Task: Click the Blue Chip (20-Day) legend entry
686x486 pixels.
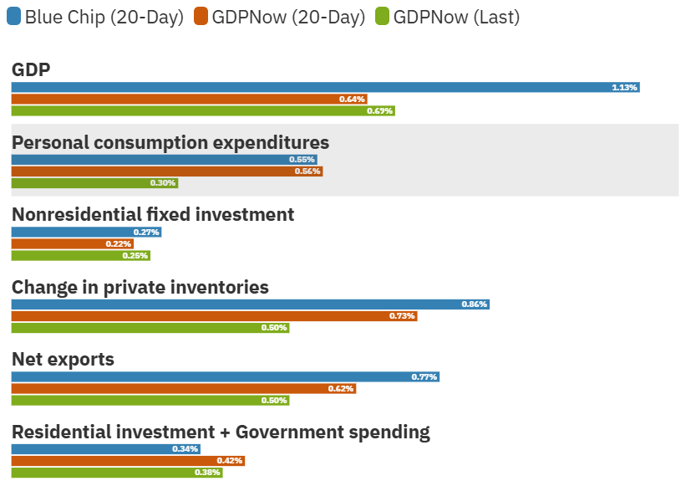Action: pyautogui.click(x=95, y=17)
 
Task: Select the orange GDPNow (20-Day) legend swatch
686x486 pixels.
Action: pyautogui.click(x=201, y=17)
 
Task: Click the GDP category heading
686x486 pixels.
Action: pyautogui.click(x=31, y=69)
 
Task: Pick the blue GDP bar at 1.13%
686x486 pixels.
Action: pyautogui.click(x=325, y=87)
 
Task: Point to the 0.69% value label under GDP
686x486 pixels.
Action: pyautogui.click(x=379, y=110)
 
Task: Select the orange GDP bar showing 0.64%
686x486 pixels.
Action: pyautogui.click(x=189, y=99)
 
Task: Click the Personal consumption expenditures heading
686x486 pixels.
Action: pyautogui.click(x=170, y=142)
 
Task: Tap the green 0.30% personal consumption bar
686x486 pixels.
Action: pyautogui.click(x=94, y=183)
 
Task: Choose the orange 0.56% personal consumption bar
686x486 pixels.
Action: pyautogui.click(x=166, y=171)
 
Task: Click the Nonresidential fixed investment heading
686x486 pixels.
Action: pyautogui.click(x=153, y=215)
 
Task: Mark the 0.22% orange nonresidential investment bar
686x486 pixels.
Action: pyautogui.click(x=72, y=244)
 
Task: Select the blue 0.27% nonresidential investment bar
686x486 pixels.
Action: pyautogui.click(x=86, y=233)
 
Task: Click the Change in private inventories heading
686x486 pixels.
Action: pyautogui.click(x=140, y=288)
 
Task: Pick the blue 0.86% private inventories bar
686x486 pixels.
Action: pyautogui.click(x=250, y=304)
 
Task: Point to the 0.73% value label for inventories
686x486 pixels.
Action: pyautogui.click(x=402, y=316)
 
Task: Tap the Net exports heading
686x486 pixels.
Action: pyautogui.click(x=63, y=360)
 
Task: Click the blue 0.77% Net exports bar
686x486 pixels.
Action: pyautogui.click(x=225, y=377)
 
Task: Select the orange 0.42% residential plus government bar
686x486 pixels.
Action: pyautogui.click(x=128, y=461)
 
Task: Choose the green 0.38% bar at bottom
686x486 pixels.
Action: pyautogui.click(x=117, y=473)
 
